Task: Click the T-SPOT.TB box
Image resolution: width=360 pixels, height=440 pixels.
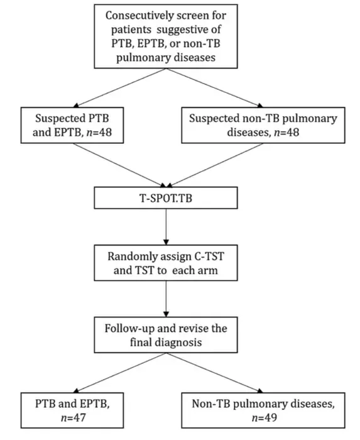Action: click(x=166, y=198)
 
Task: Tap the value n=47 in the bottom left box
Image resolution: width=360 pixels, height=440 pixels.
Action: click(x=73, y=418)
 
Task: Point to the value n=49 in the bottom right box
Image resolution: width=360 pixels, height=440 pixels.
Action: click(x=264, y=418)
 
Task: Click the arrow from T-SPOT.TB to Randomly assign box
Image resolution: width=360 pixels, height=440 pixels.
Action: click(x=166, y=227)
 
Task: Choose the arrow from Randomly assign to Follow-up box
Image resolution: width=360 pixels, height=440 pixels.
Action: click(x=166, y=299)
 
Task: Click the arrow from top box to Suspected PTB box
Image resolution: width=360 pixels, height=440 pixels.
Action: click(x=120, y=88)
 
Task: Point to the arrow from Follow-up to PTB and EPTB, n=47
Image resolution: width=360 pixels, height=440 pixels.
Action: click(x=120, y=372)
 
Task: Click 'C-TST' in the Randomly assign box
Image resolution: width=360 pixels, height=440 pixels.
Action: click(x=209, y=256)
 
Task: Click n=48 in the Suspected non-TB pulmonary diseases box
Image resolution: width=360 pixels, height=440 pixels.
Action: click(x=286, y=132)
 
